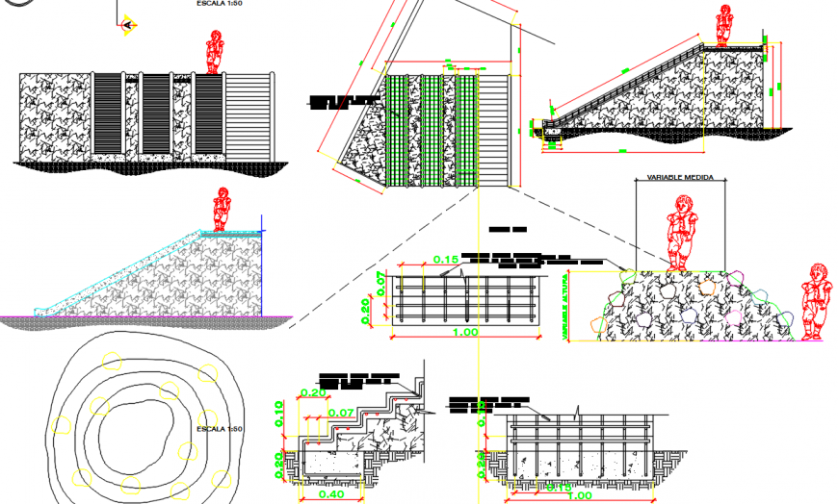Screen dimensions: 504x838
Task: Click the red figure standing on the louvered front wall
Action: click(x=215, y=52)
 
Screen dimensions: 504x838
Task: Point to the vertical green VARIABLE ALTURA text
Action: click(x=563, y=305)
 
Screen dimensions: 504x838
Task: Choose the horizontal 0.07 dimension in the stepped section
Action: click(x=340, y=413)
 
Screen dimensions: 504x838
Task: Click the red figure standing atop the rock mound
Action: click(x=684, y=232)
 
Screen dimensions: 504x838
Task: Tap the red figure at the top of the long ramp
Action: click(x=723, y=26)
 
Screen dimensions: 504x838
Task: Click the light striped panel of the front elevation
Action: click(x=249, y=114)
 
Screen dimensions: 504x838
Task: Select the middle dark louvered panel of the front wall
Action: click(x=156, y=114)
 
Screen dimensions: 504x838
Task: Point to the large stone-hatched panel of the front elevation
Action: click(x=55, y=114)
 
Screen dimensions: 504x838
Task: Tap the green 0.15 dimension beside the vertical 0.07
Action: click(x=444, y=260)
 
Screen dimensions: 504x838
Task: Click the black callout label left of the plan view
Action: click(x=343, y=102)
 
